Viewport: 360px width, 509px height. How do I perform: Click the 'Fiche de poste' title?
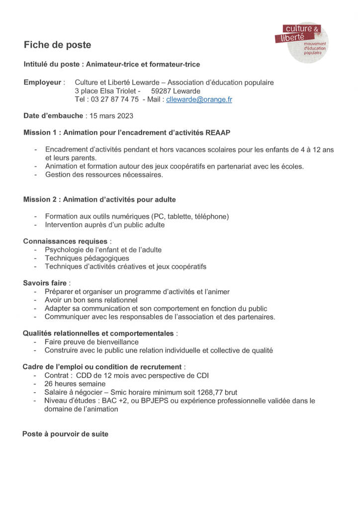click(x=58, y=45)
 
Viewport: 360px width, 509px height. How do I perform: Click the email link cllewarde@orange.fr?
click(x=199, y=99)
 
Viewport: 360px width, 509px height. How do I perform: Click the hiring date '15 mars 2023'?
click(x=110, y=116)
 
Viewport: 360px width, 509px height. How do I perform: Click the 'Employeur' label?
click(x=43, y=82)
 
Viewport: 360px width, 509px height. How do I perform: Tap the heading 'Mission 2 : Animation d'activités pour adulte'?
click(x=99, y=199)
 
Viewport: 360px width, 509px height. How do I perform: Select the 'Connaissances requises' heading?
click(x=65, y=241)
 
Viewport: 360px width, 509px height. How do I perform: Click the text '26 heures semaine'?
click(x=75, y=384)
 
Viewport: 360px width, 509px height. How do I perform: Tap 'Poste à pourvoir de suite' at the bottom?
click(x=65, y=434)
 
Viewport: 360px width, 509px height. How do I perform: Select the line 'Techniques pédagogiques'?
click(x=87, y=258)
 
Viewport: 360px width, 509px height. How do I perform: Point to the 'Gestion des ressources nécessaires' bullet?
click(x=104, y=174)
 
